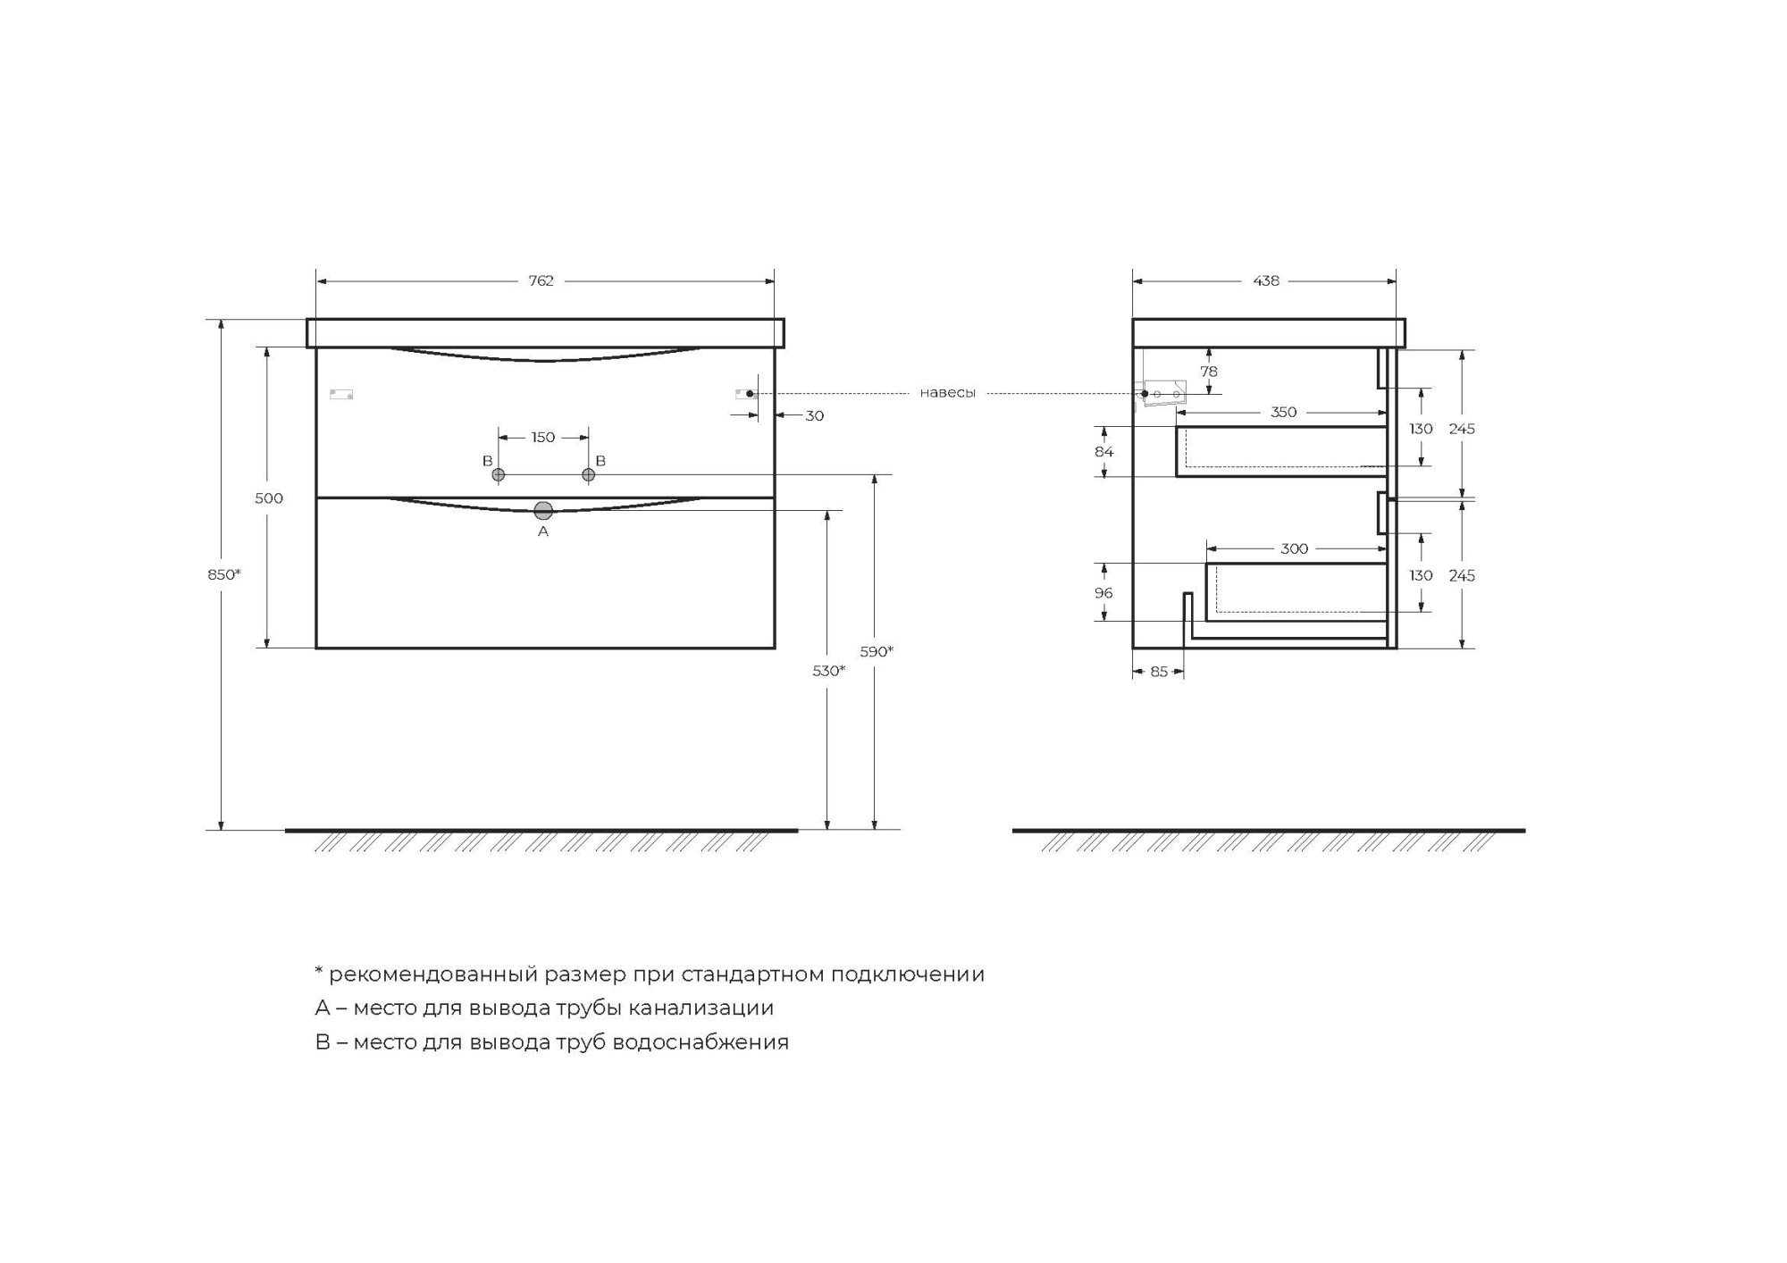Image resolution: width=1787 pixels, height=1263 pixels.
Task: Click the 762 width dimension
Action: tap(541, 280)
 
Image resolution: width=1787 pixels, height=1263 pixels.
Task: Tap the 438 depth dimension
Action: tap(1266, 280)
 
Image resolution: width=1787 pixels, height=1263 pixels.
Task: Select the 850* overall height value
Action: tap(224, 574)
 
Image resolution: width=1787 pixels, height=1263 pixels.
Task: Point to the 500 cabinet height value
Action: tap(269, 498)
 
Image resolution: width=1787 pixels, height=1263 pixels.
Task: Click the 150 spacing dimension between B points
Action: tap(543, 437)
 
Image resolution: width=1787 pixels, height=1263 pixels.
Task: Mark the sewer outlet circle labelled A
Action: tap(543, 511)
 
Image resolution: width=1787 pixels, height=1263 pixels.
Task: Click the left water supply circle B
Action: tap(499, 474)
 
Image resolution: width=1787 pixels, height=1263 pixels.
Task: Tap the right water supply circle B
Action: tap(588, 474)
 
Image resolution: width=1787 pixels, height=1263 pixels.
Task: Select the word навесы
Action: tap(947, 393)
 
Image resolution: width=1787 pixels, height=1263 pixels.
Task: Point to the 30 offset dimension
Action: tap(814, 415)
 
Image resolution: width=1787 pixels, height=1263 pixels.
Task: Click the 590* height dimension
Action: tap(877, 651)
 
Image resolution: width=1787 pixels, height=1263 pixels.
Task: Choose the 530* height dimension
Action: tap(829, 671)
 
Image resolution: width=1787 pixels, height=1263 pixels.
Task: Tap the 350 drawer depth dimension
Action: tap(1283, 412)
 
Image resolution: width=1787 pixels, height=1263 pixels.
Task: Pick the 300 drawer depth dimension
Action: tap(1294, 548)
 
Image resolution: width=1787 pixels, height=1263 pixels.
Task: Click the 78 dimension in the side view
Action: tap(1208, 372)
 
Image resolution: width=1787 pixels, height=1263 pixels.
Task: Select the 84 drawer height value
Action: tap(1104, 452)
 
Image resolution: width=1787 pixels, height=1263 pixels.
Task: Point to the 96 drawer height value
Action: tap(1103, 593)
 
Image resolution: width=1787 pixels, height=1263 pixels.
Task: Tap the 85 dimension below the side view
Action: tap(1159, 672)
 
